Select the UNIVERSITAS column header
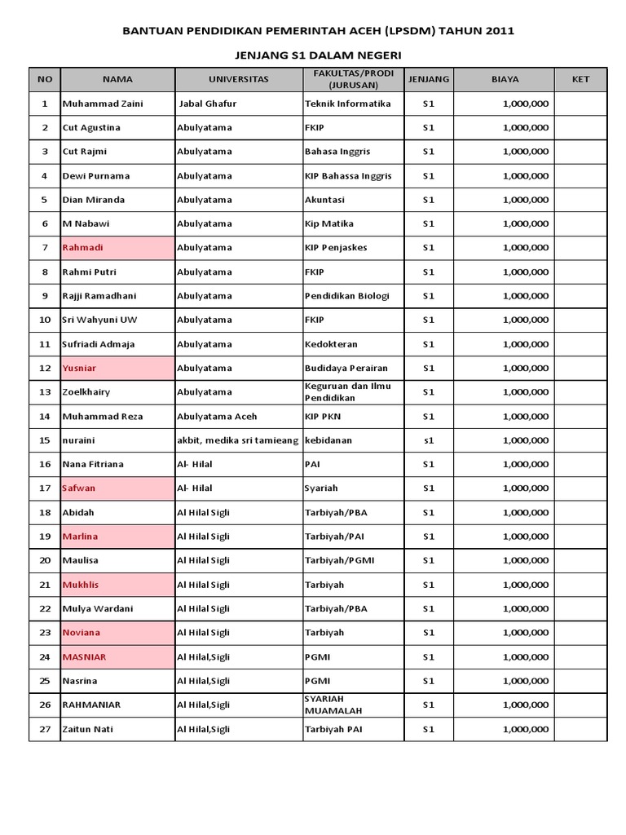tap(238, 79)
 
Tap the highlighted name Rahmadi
tap(83, 248)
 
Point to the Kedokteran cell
tap(331, 344)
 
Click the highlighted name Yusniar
tap(79, 369)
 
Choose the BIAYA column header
tap(505, 79)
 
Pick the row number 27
tap(45, 730)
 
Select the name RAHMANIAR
tap(91, 705)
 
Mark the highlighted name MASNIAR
tap(84, 657)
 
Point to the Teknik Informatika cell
tap(348, 104)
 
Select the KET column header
tap(580, 79)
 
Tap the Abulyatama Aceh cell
tap(217, 417)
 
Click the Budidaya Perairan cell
tap(346, 369)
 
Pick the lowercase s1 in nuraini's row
tap(429, 440)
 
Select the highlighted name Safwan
tap(79, 488)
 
